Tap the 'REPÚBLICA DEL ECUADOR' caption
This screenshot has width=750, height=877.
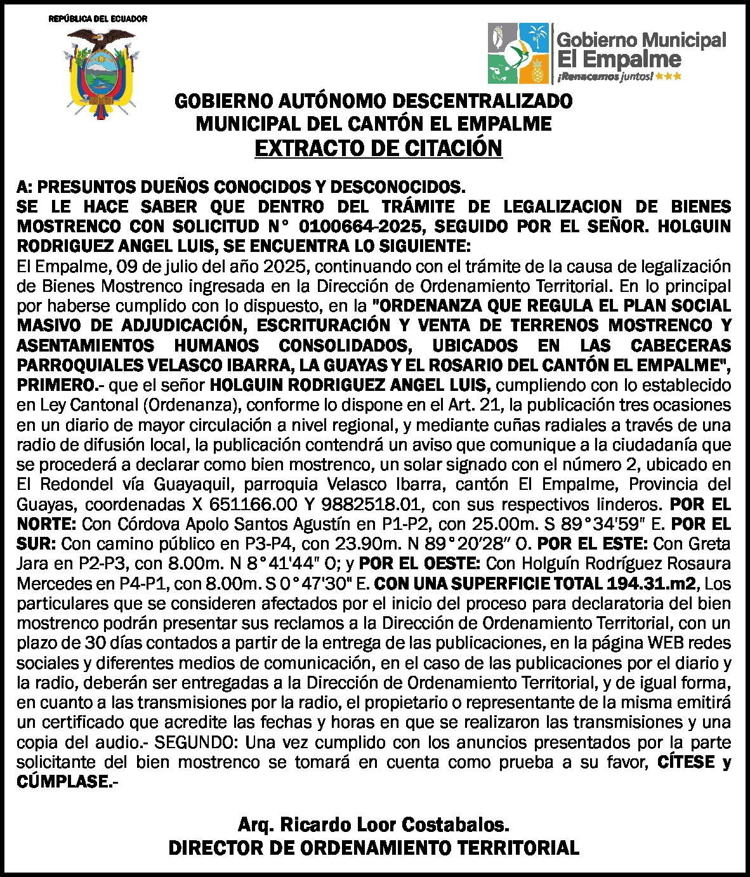click(98, 18)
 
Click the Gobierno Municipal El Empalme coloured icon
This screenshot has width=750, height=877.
click(518, 53)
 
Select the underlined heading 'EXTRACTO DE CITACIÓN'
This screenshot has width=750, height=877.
click(378, 148)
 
